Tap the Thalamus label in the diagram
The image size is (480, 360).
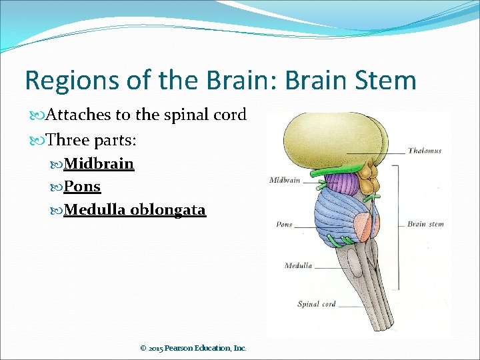click(x=425, y=151)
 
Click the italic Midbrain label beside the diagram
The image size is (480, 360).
click(x=285, y=180)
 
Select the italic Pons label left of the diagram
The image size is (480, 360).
click(x=284, y=225)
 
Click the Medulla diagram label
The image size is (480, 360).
click(x=298, y=265)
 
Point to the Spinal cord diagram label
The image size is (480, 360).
click(x=316, y=305)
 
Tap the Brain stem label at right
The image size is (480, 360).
click(x=425, y=224)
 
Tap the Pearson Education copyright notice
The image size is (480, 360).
click(x=193, y=348)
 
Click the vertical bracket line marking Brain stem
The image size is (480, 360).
click(x=398, y=220)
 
